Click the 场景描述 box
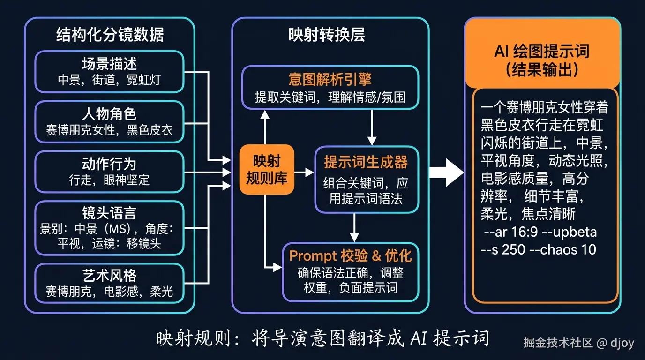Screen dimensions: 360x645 tap(109, 72)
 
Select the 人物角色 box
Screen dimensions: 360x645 tap(109, 122)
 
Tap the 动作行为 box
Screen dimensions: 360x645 tap(109, 172)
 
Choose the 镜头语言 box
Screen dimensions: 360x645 tap(109, 228)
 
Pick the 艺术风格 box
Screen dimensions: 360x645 tap(109, 283)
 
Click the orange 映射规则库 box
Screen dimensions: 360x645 tap(267, 170)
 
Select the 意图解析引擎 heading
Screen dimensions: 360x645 tap(330, 79)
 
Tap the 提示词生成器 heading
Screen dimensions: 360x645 tap(366, 162)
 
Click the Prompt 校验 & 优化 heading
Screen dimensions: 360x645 tap(350, 255)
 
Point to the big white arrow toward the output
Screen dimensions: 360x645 tap(446, 172)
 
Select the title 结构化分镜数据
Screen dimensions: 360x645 tap(110, 35)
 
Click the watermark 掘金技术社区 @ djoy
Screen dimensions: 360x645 tap(578, 343)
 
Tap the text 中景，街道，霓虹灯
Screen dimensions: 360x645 tap(109, 80)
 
